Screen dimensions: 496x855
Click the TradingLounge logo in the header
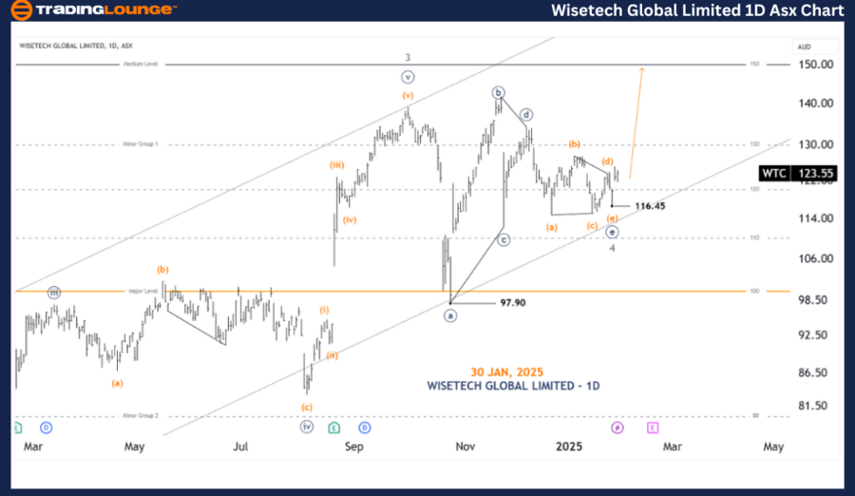pyautogui.click(x=92, y=10)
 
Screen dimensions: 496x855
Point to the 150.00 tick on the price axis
pyautogui.click(x=815, y=65)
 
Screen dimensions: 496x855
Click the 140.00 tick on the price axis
pyautogui.click(x=815, y=104)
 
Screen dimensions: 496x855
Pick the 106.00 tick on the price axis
pyautogui.click(x=815, y=258)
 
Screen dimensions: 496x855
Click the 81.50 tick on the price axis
pyautogui.click(x=815, y=406)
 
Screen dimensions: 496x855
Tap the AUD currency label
pyautogui.click(x=804, y=47)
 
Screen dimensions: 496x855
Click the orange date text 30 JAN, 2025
pyautogui.click(x=506, y=372)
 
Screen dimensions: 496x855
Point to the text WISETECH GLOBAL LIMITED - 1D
pyautogui.click(x=513, y=386)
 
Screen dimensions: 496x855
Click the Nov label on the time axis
pyautogui.click(x=465, y=446)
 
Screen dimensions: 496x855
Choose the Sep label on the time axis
pyautogui.click(x=354, y=446)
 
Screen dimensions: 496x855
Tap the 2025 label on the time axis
pyautogui.click(x=568, y=446)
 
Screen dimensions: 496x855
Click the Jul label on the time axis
pyautogui.click(x=241, y=446)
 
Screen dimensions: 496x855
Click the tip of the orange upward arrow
pyautogui.click(x=643, y=67)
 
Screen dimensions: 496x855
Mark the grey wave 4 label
pyautogui.click(x=613, y=247)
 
